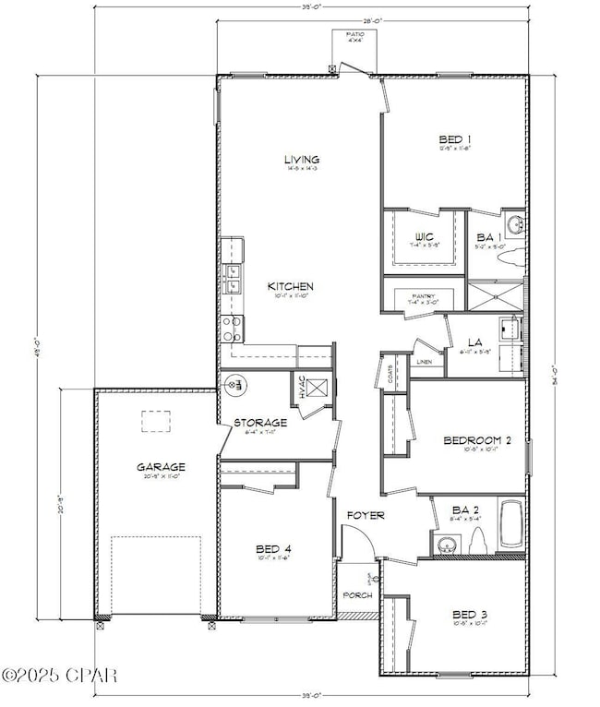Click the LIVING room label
click(x=301, y=160)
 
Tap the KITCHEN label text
click(x=291, y=286)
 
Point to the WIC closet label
click(x=424, y=236)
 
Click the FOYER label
click(x=366, y=515)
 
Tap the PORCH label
click(x=357, y=595)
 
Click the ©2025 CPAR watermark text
click(x=59, y=677)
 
